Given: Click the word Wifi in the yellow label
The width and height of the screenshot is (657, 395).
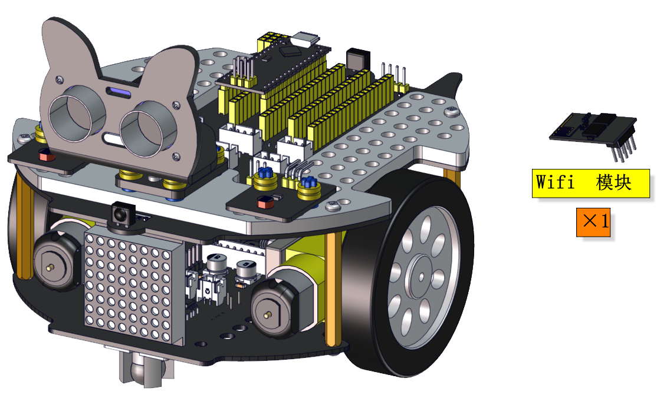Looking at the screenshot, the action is click(x=555, y=182).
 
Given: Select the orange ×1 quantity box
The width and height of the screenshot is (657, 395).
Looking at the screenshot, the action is click(x=593, y=222).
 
